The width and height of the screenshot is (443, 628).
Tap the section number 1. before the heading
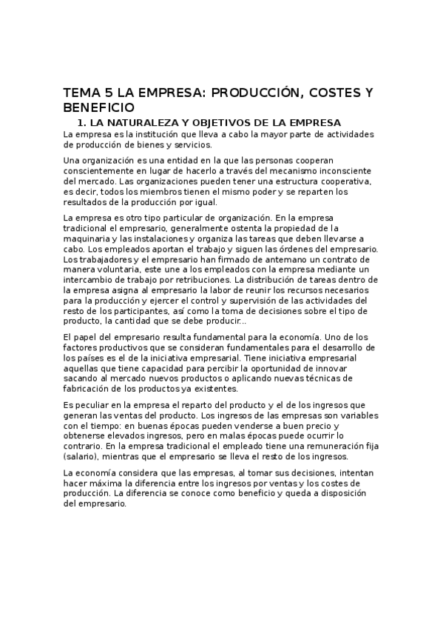coord(83,122)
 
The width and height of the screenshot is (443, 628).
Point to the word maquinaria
coord(88,239)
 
